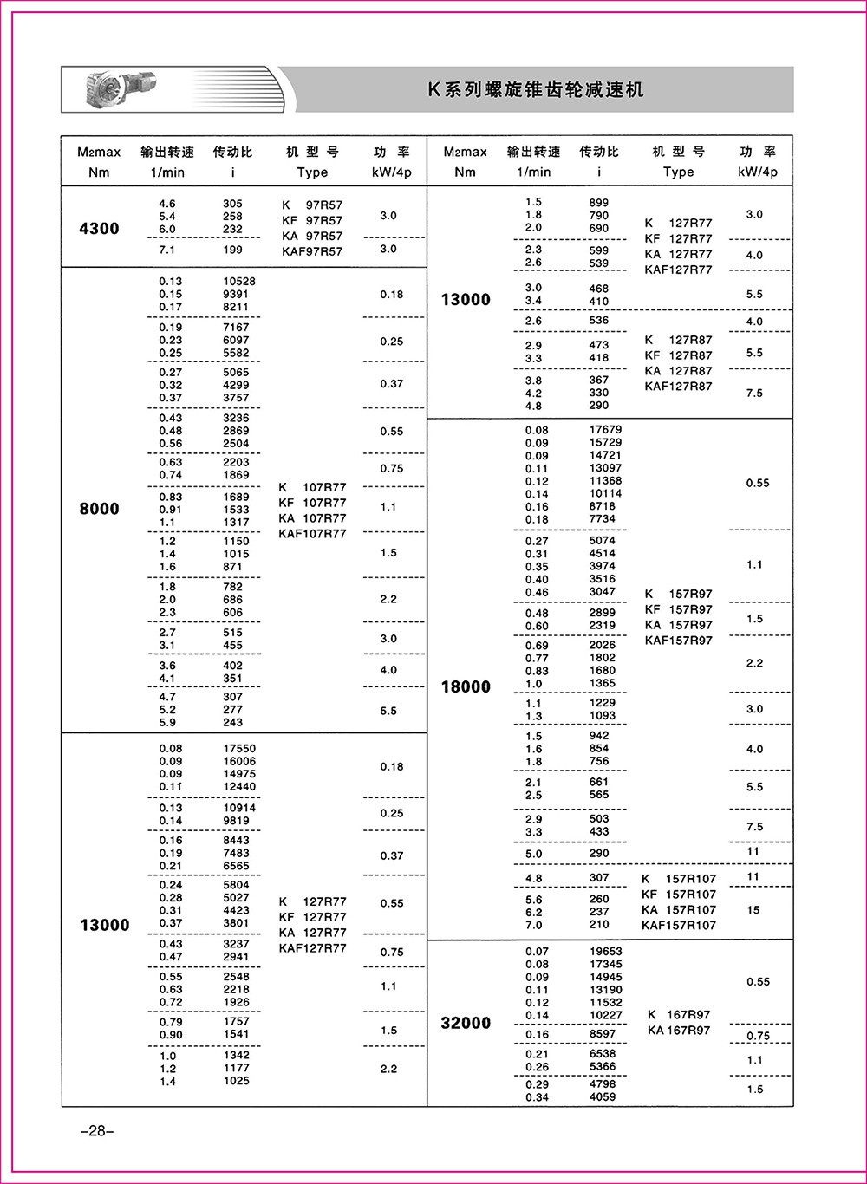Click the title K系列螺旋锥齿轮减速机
click(x=537, y=90)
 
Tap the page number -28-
click(x=91, y=1131)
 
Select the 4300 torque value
click(x=99, y=229)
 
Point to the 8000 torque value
click(x=99, y=509)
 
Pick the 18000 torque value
click(x=466, y=687)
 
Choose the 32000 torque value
click(x=466, y=1023)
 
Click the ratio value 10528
click(x=239, y=282)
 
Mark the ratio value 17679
click(x=605, y=430)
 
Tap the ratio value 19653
click(x=605, y=952)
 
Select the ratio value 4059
click(x=602, y=1097)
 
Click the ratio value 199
click(x=232, y=250)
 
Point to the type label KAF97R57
click(x=312, y=251)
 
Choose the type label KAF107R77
click(x=312, y=534)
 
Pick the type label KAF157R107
click(x=679, y=926)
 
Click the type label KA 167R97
click(x=678, y=1031)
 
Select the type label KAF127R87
click(x=678, y=387)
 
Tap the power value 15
click(x=753, y=910)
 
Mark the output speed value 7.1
click(x=167, y=250)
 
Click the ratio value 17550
click(x=239, y=749)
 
